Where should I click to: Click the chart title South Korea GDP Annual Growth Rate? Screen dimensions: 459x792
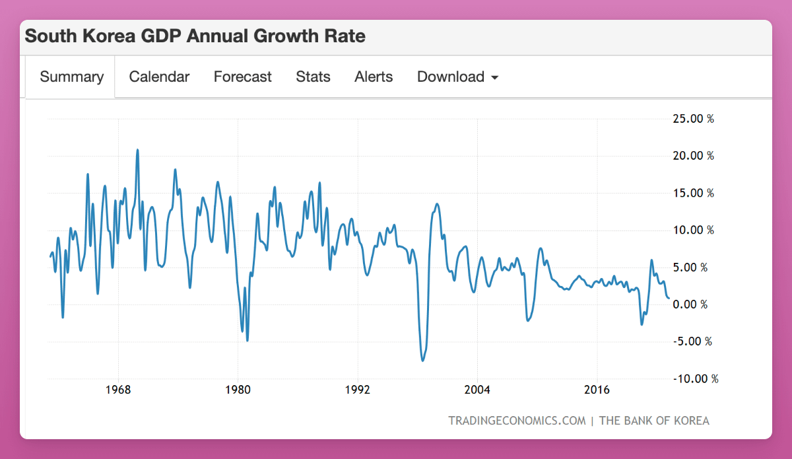[x=195, y=36]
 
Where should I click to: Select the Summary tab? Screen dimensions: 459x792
[x=71, y=77]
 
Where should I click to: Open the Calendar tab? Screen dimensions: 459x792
[x=159, y=77]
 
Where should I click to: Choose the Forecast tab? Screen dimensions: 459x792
[x=242, y=77]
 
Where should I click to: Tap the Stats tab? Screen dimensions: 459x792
[x=313, y=77]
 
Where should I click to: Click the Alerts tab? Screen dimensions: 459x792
[x=374, y=77]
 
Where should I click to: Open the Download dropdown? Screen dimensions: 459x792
[x=457, y=77]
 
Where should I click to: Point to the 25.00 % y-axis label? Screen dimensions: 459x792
[x=693, y=119]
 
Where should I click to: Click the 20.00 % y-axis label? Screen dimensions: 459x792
[x=693, y=156]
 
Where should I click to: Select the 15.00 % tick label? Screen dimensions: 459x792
[x=693, y=193]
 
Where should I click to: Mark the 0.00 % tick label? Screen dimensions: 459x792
[x=695, y=304]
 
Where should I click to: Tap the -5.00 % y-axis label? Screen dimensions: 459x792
[x=692, y=341]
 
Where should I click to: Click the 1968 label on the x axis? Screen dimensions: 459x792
[x=118, y=389]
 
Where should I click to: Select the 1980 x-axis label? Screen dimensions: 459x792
[x=238, y=389]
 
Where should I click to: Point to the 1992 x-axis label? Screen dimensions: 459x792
[x=358, y=389]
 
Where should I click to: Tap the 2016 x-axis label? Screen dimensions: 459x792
[x=597, y=389]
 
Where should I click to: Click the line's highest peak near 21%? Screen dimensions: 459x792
[x=137, y=150]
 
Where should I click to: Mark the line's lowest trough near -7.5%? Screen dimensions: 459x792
[x=422, y=361]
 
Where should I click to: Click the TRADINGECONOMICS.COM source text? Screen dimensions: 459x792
[x=517, y=421]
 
